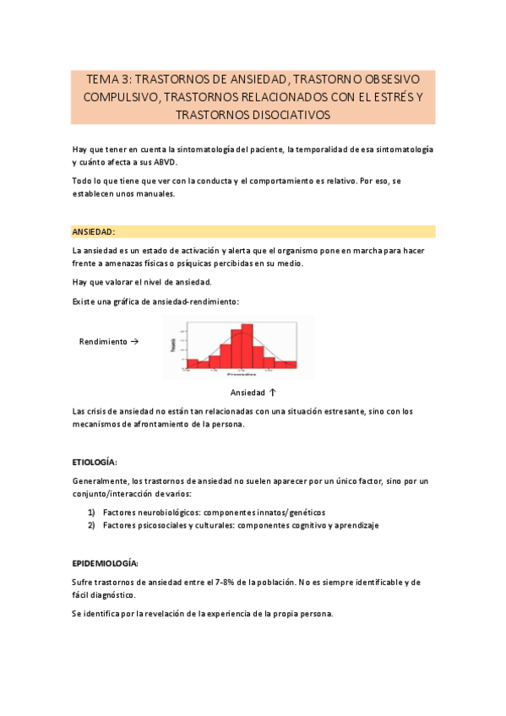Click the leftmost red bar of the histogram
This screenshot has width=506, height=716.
point(193,364)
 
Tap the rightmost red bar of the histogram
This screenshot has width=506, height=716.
point(291,365)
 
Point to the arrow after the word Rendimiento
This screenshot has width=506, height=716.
point(134,342)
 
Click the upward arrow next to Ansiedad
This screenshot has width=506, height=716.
point(272,393)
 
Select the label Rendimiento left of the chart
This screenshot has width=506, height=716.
point(103,342)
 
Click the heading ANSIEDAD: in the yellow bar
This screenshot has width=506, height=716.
point(94,231)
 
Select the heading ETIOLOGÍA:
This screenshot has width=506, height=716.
point(95,463)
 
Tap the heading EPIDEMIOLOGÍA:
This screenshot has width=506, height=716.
point(105,563)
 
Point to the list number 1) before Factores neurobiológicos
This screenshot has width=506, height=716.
point(92,513)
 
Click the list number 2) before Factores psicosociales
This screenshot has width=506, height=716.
point(92,525)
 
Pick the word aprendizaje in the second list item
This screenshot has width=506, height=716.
point(356,525)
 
